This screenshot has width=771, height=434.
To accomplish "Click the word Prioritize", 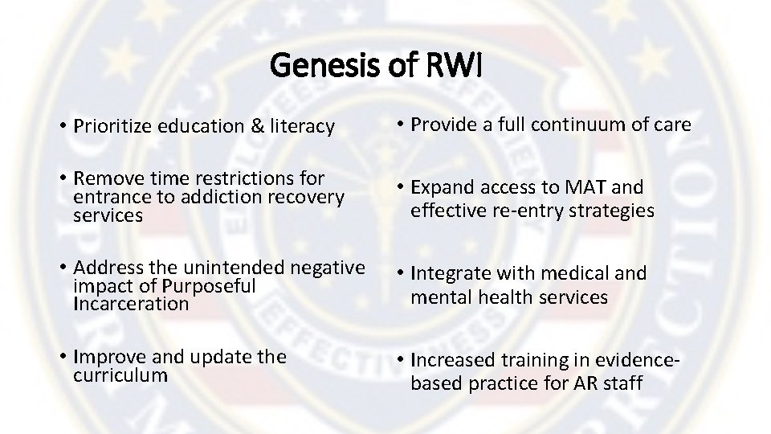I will click(x=112, y=126).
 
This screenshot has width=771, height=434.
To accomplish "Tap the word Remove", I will click(x=104, y=178).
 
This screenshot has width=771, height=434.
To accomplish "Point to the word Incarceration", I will click(x=130, y=304).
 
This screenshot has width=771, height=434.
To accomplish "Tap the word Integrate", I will click(x=449, y=273).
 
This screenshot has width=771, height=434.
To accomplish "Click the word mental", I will click(x=440, y=297).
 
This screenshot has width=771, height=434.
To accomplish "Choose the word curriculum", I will click(x=120, y=375).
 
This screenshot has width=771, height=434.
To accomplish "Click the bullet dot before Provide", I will click(x=399, y=125).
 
